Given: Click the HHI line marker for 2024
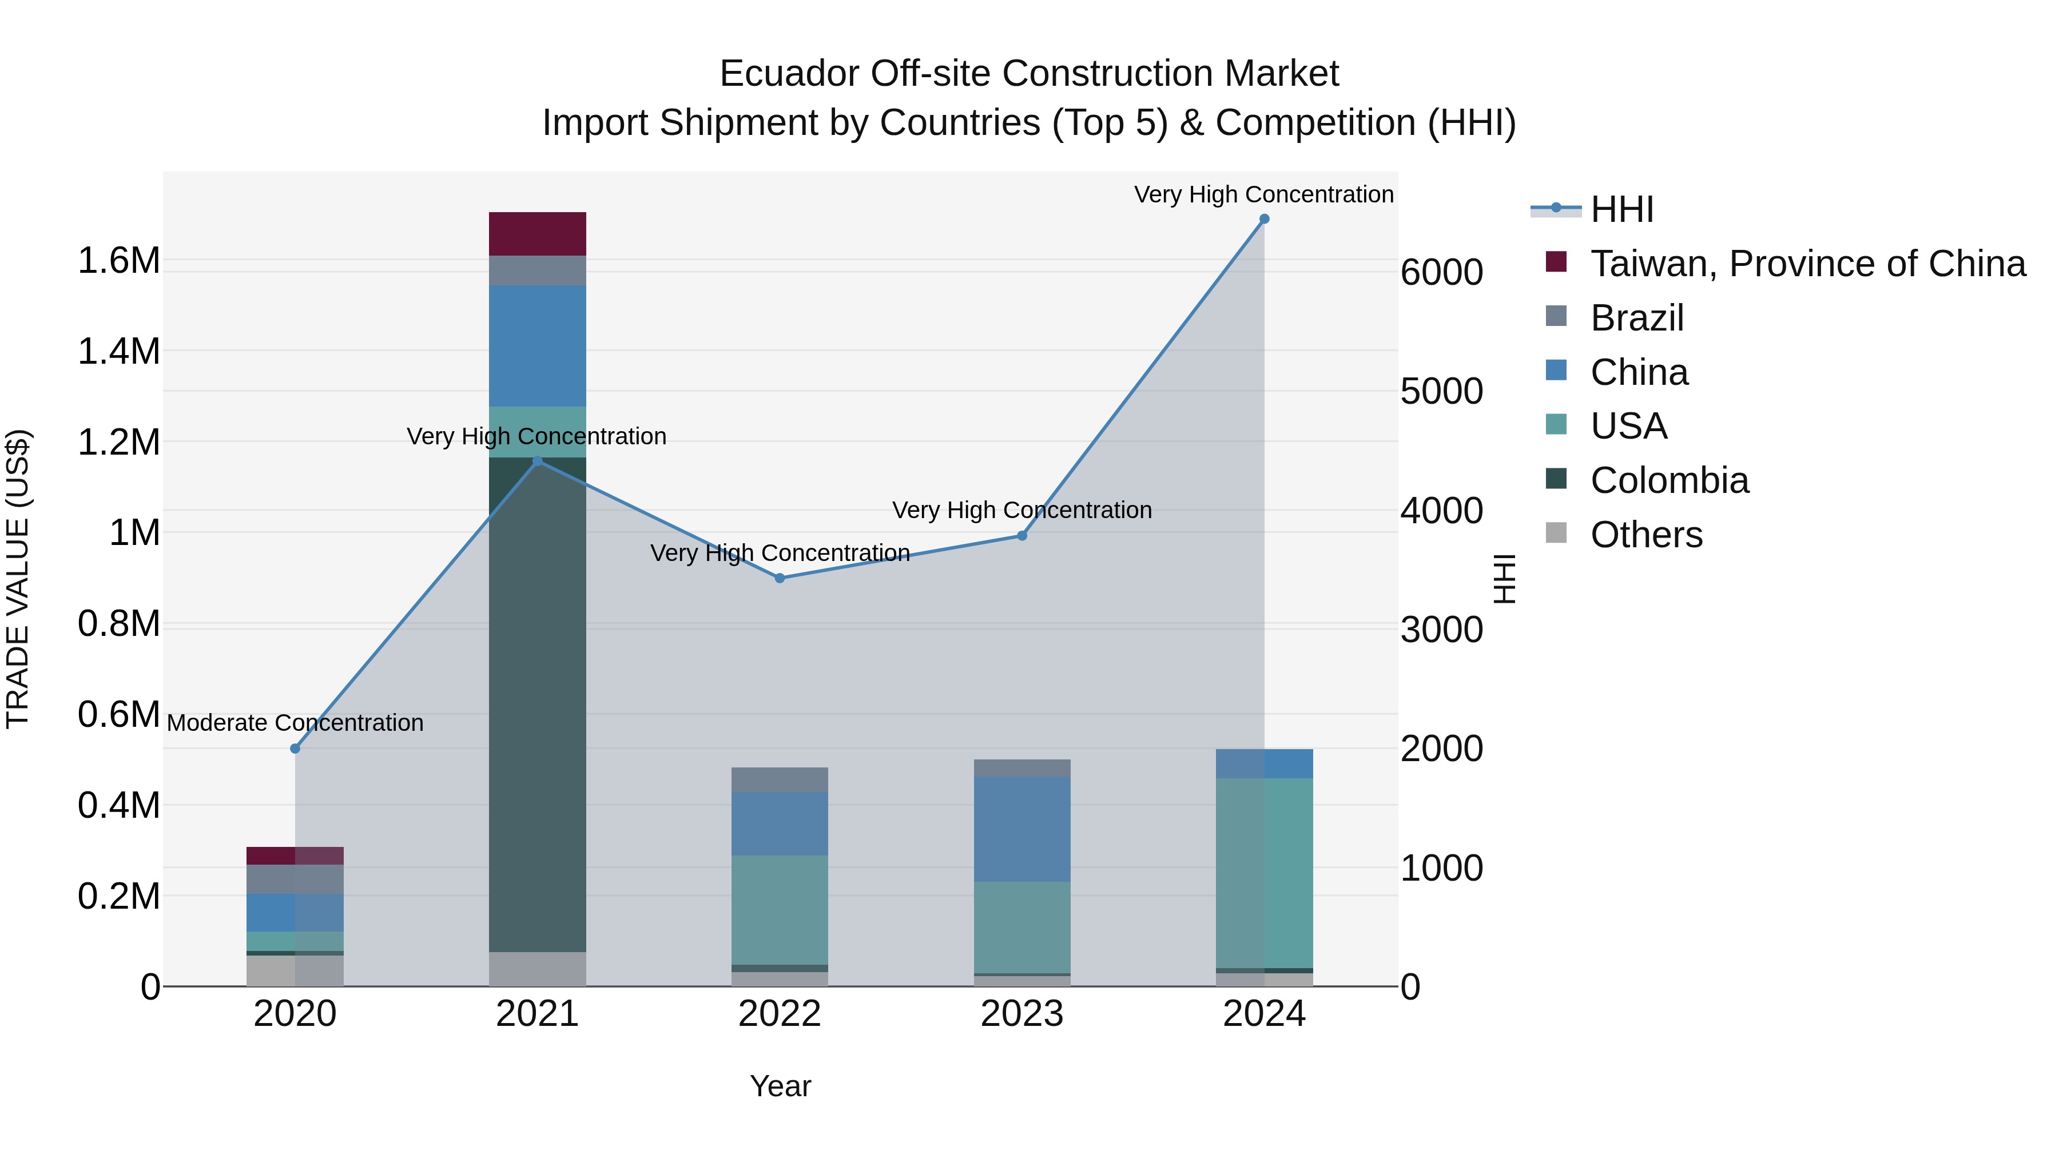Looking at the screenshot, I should click(x=1263, y=219).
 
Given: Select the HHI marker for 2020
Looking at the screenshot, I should click(x=295, y=749).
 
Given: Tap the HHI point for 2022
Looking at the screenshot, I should click(x=780, y=578).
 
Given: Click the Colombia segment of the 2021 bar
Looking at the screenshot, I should click(x=537, y=703).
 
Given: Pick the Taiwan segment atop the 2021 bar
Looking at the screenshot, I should click(x=537, y=234).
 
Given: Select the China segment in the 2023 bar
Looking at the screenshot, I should click(x=1021, y=829).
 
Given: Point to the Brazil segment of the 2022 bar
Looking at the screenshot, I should click(x=780, y=780).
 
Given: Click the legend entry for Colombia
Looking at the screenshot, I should click(x=1668, y=480).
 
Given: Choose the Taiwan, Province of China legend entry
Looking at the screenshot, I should click(x=1806, y=264).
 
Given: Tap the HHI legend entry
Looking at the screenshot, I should click(x=1621, y=209).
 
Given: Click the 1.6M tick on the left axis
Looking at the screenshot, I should click(x=118, y=261).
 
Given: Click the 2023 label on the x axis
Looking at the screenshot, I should click(x=1021, y=1014).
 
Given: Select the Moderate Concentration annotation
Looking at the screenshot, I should click(x=295, y=722).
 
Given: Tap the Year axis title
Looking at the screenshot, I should click(x=780, y=1086).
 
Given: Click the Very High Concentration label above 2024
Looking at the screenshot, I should click(x=1263, y=194).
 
